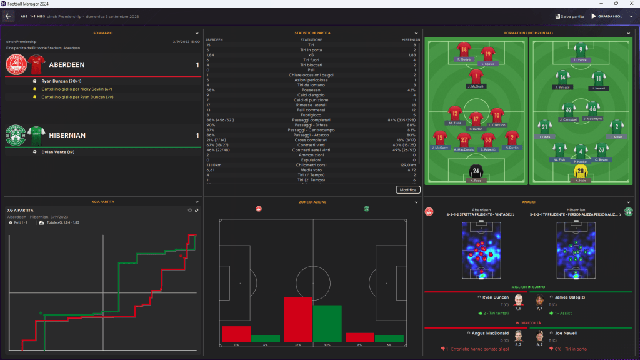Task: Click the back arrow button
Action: (x=8, y=16)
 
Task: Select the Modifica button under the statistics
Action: (x=408, y=189)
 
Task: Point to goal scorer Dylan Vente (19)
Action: (x=59, y=152)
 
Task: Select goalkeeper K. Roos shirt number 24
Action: (x=476, y=171)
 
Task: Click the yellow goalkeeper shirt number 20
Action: (x=581, y=171)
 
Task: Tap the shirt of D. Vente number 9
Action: (x=581, y=50)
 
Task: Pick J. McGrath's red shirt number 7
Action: (x=476, y=76)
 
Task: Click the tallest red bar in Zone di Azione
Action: (x=298, y=319)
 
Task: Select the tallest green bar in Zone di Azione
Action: (x=327, y=323)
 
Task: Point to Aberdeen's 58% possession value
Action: (x=211, y=89)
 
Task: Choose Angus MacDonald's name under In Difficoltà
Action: (x=491, y=333)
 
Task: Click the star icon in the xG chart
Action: (x=190, y=210)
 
